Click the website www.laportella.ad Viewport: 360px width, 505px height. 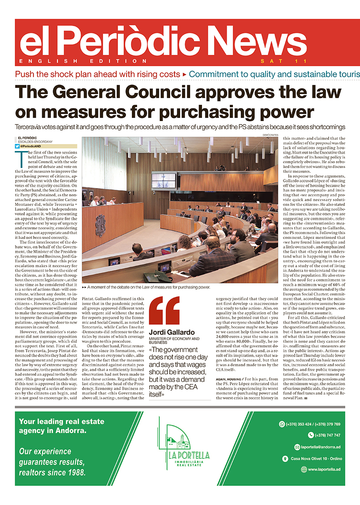point(324,469)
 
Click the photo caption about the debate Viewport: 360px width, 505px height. point(148,287)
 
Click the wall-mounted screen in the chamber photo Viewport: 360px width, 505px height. point(163,180)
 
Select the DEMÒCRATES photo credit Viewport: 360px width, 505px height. point(270,135)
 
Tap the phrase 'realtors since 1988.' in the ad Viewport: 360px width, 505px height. point(52,472)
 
